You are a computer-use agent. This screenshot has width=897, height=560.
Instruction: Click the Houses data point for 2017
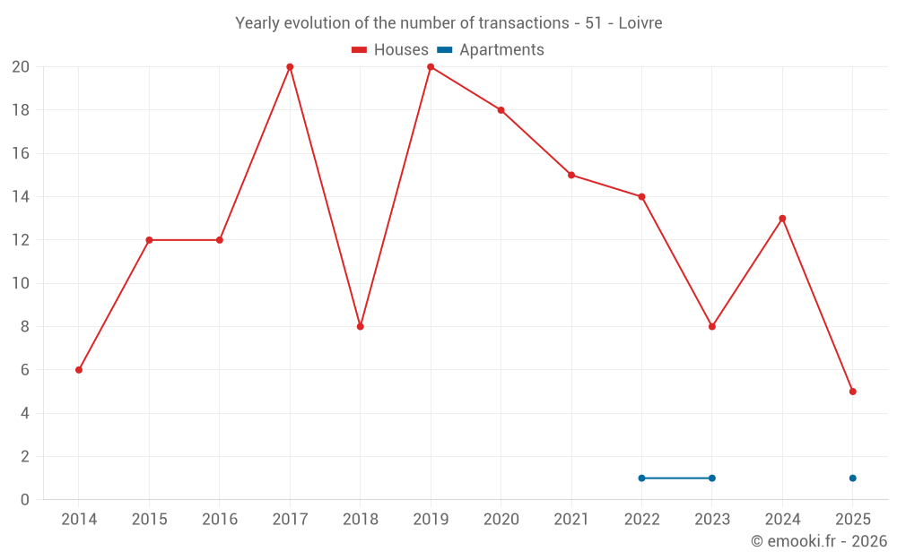(290, 67)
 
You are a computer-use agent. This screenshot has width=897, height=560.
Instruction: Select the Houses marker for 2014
(79, 370)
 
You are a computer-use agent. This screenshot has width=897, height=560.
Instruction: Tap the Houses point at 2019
(431, 67)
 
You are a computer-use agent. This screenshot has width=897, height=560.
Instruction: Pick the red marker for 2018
(360, 326)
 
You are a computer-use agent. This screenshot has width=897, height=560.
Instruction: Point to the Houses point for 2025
(852, 392)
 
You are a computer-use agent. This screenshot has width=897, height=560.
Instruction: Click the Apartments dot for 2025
(852, 478)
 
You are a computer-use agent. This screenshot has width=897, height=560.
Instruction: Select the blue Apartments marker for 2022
(641, 478)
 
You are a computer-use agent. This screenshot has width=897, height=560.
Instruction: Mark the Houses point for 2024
(782, 219)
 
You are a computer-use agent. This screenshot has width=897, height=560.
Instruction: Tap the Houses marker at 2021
(571, 176)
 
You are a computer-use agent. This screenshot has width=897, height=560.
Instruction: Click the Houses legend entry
(390, 50)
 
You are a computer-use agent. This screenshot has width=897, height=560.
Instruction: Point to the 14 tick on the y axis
(21, 197)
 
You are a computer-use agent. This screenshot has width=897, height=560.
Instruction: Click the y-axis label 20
(21, 67)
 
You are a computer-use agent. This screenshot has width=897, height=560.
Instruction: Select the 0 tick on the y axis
(25, 500)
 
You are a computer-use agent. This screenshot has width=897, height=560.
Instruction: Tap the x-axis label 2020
(501, 520)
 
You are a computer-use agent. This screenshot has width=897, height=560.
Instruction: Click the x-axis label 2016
(220, 520)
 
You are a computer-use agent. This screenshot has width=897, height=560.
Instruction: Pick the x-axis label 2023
(712, 520)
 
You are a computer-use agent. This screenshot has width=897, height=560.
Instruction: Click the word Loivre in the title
(640, 23)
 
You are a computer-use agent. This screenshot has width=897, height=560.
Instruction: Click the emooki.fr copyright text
(819, 541)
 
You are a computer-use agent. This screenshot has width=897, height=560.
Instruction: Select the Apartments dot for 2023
(712, 478)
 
